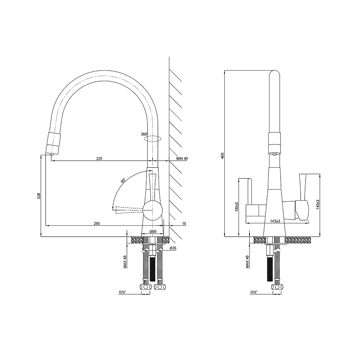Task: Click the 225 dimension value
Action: (99, 158)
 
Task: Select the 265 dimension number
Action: (97, 223)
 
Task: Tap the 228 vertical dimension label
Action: (39, 196)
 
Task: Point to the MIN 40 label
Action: (182, 158)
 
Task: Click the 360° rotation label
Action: (144, 134)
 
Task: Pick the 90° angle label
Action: (123, 180)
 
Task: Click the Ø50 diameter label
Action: (153, 231)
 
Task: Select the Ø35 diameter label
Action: (173, 248)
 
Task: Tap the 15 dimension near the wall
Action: (184, 223)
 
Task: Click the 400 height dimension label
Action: (222, 155)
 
